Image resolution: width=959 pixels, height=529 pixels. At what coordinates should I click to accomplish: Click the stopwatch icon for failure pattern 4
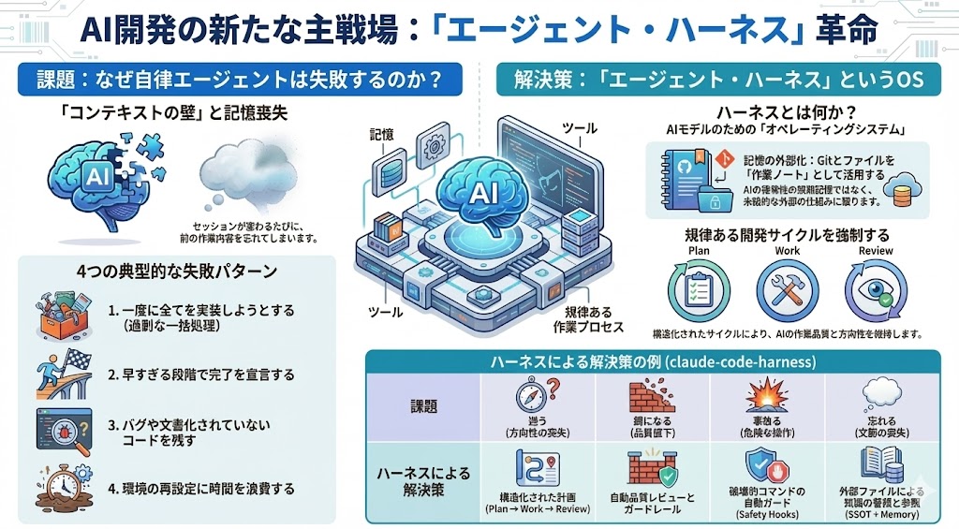pos(60,485)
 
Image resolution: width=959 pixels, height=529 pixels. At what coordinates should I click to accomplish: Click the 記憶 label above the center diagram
pos(381,135)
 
